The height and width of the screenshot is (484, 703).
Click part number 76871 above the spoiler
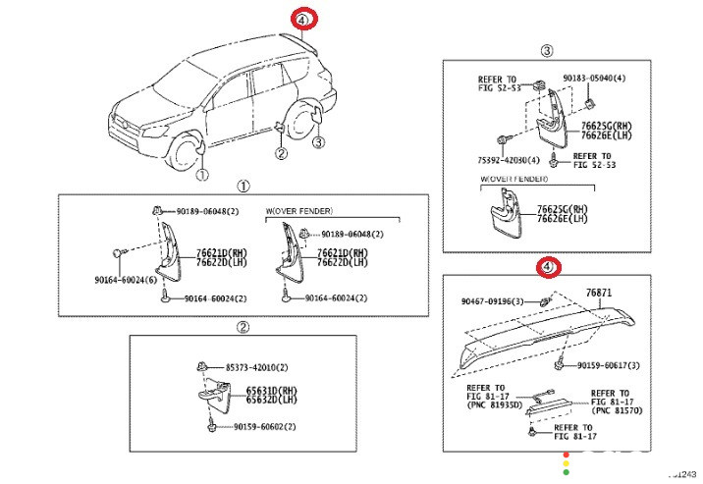coord(599,293)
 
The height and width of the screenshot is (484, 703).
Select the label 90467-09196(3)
coord(499,300)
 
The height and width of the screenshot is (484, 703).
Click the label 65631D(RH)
coord(268,390)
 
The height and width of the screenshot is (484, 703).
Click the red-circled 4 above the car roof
coord(303,19)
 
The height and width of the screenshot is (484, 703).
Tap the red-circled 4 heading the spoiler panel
coord(547,267)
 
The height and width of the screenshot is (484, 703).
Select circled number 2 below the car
coord(280,153)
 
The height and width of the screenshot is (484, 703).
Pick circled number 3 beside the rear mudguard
coord(317,143)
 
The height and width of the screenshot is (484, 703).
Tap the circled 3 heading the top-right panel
coord(547,51)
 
